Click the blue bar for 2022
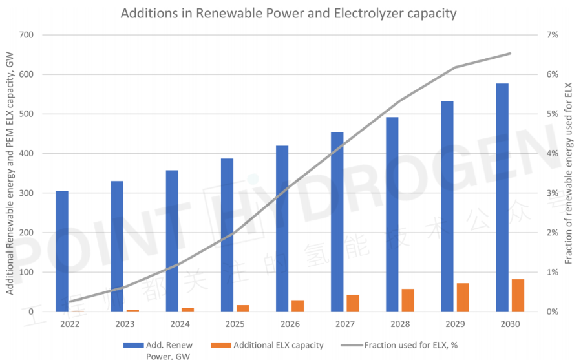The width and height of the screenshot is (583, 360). click(62, 251)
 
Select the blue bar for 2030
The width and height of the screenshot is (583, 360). click(502, 197)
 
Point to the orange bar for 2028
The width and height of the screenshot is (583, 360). click(408, 300)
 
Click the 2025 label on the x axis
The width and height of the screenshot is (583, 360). click(235, 324)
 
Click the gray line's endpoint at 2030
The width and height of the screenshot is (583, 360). click(510, 54)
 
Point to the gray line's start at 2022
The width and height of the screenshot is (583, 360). click(70, 301)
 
